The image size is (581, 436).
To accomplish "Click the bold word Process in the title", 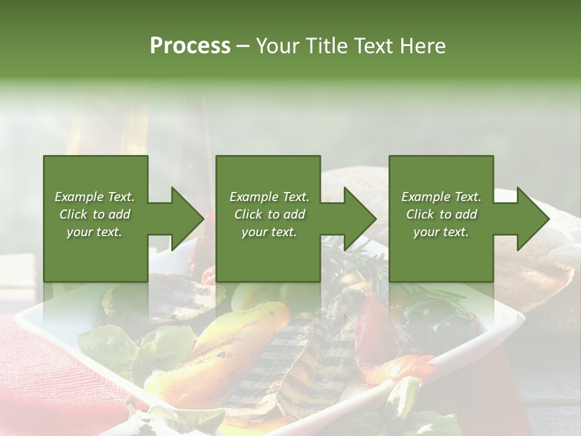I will click(x=190, y=46).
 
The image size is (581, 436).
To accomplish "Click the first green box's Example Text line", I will click(x=95, y=197).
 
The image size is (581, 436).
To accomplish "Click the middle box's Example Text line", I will click(x=269, y=197).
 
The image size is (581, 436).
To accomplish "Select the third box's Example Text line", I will click(x=441, y=197).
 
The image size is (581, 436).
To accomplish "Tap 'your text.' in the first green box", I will click(x=95, y=232).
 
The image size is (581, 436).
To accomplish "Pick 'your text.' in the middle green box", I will click(x=269, y=232).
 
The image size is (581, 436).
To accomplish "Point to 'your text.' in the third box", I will click(x=441, y=232).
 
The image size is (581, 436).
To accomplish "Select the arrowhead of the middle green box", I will click(x=359, y=219).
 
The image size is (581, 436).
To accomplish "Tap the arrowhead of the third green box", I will click(x=533, y=219).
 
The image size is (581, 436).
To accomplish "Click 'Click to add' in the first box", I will click(x=95, y=214).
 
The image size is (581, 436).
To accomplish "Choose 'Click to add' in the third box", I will click(x=441, y=214).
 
